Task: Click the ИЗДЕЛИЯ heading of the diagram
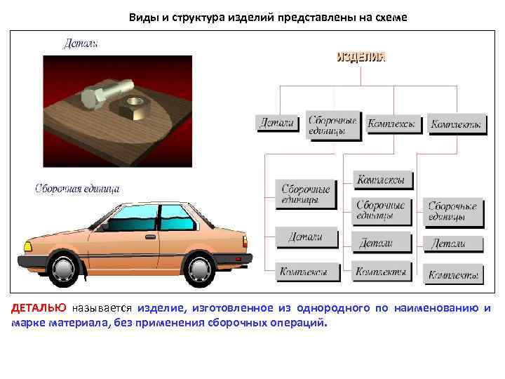[x=361, y=57]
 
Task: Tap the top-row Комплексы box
[x=391, y=123]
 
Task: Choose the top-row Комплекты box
[x=456, y=124]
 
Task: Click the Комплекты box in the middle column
[x=381, y=271]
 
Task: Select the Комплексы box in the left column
[x=303, y=271]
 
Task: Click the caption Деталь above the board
[x=81, y=44]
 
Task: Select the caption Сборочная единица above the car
[x=77, y=188]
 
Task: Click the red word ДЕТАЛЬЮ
[x=39, y=308]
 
